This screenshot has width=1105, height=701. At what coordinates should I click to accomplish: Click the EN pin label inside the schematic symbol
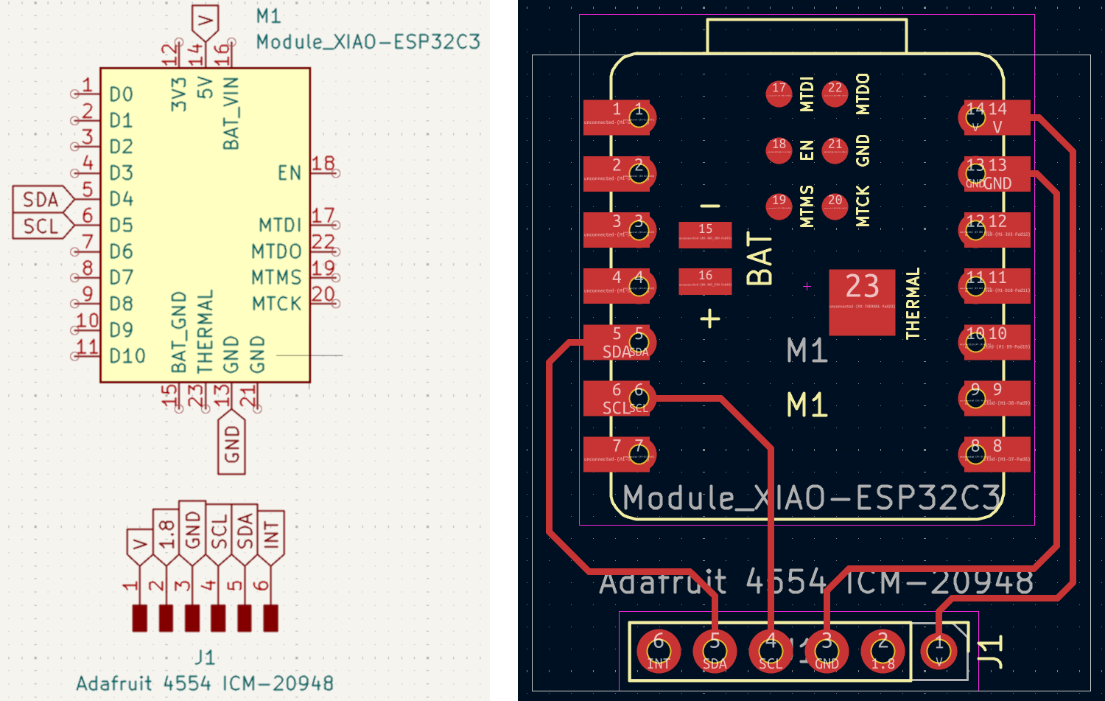pos(290,173)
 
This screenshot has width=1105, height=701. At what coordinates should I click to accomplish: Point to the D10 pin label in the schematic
pos(127,356)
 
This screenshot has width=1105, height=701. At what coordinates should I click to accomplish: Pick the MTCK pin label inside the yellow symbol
pos(276,304)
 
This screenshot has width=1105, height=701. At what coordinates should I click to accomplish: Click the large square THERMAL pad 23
pos(862,301)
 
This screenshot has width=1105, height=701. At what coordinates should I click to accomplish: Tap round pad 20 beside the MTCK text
pos(835,206)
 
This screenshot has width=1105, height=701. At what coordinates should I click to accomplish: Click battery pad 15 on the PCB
pos(705,234)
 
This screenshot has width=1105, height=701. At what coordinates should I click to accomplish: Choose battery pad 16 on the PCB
pos(705,281)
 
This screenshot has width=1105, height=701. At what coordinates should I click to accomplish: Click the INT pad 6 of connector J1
pos(659,651)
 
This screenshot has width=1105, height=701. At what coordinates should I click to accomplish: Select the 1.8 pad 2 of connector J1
pos(883,651)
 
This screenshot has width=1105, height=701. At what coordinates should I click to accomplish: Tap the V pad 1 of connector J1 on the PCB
pos(939,651)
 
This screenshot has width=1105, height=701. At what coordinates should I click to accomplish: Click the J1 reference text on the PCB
pos(992,651)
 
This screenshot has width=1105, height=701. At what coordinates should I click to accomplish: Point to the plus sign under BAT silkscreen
pos(710,318)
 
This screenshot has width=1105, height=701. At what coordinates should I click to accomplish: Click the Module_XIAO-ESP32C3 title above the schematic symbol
pos(368,42)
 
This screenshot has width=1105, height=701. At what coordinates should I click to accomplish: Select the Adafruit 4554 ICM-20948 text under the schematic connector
pos(205,683)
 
